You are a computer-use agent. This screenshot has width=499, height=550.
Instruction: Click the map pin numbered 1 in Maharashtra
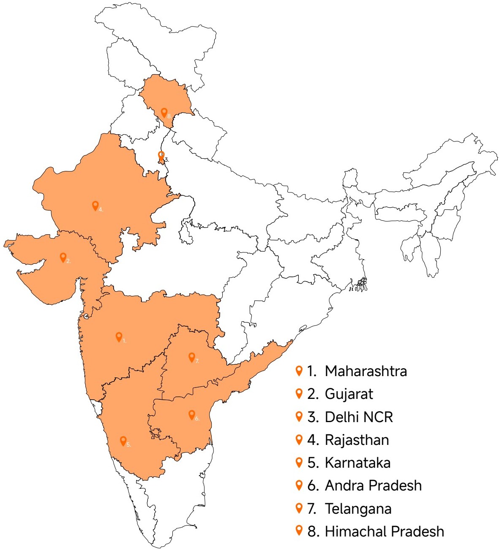(x=119, y=336)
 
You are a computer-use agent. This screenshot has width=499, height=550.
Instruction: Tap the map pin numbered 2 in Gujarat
(x=63, y=257)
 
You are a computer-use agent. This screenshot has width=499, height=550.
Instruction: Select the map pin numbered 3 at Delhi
(x=161, y=155)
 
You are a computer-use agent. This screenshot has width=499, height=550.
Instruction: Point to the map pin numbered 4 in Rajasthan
(x=95, y=206)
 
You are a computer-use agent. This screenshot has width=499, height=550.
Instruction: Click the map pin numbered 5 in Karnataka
(x=123, y=441)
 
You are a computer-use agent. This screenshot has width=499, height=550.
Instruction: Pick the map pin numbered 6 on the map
(x=191, y=415)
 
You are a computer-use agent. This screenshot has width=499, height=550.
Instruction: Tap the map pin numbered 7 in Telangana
(x=191, y=357)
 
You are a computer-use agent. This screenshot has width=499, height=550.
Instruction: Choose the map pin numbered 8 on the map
(x=164, y=112)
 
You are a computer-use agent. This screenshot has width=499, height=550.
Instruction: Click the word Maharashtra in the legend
(x=366, y=371)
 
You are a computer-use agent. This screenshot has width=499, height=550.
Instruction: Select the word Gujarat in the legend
(x=349, y=394)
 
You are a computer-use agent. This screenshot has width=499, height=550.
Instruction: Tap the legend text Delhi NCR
(x=359, y=417)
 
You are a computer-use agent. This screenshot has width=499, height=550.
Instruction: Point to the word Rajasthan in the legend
(x=357, y=440)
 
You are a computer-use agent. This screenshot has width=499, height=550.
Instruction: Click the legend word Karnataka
(x=357, y=463)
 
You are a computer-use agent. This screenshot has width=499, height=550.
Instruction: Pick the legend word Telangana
(x=358, y=509)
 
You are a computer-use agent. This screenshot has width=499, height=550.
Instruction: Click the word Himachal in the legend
(x=354, y=531)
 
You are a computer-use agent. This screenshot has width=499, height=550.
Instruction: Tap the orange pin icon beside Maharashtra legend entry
(x=299, y=371)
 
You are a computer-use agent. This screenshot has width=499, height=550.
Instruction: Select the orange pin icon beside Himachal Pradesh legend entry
(x=299, y=531)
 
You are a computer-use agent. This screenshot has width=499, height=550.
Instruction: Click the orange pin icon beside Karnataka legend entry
(x=299, y=462)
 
